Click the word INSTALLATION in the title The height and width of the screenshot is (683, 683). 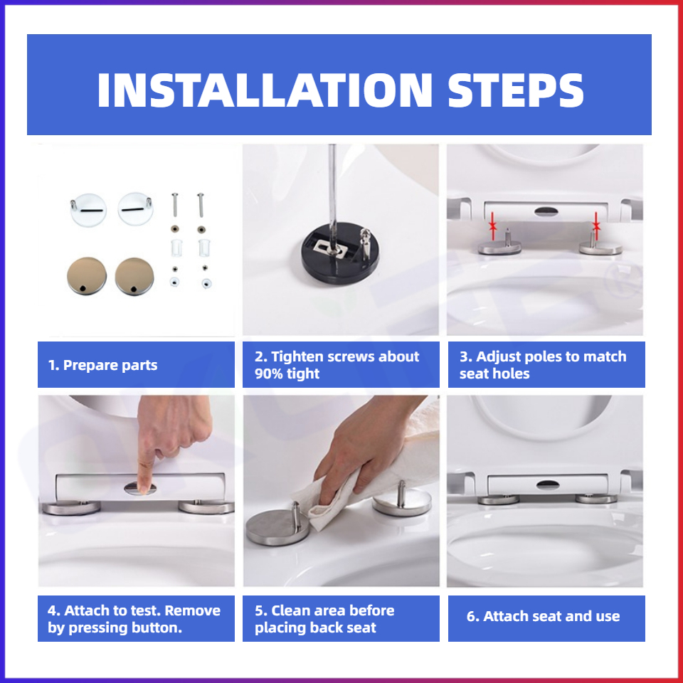[x=265, y=90]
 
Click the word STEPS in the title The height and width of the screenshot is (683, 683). [x=517, y=90]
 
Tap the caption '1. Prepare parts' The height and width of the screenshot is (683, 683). [x=102, y=365]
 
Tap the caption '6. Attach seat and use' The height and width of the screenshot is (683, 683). [x=543, y=616]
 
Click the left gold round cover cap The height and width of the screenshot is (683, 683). [x=87, y=276]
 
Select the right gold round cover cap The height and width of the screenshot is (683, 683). [x=134, y=276]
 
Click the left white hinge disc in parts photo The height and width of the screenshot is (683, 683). [x=88, y=210]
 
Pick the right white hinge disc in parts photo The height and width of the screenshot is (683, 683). [x=135, y=208]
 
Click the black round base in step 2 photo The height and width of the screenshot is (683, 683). [x=340, y=253]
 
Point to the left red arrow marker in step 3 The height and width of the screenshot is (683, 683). [x=492, y=226]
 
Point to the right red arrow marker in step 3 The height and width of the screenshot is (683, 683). [x=596, y=226]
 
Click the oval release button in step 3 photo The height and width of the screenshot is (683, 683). [x=546, y=212]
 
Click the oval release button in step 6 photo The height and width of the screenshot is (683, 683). [x=548, y=484]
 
